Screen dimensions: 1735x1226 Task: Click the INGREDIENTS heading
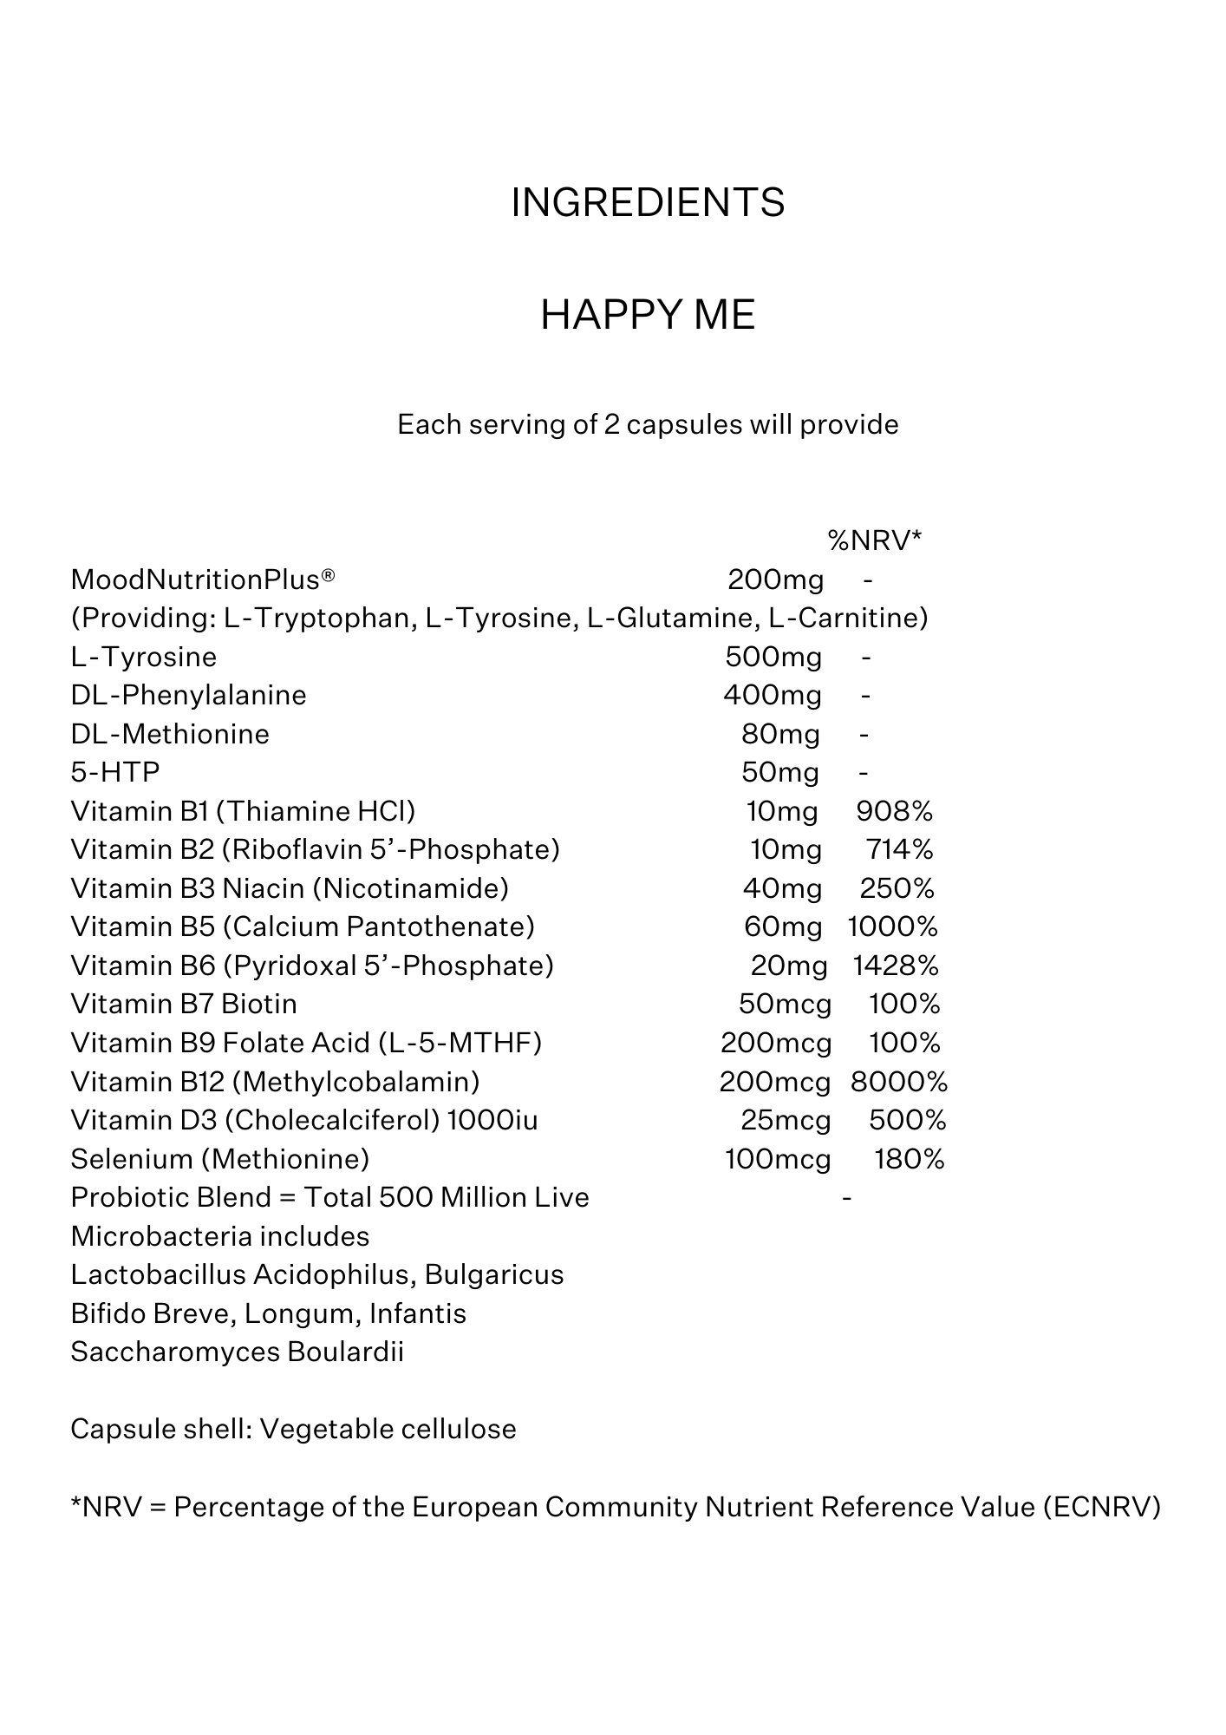[648, 203]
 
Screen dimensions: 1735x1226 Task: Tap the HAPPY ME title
[648, 315]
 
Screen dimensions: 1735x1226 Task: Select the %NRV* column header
[874, 541]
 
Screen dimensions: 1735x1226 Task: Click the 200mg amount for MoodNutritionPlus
[775, 579]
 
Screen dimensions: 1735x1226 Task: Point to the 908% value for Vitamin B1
[894, 811]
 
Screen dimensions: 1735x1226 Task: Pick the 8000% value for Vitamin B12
[898, 1082]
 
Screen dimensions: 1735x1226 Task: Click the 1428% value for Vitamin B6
[896, 966]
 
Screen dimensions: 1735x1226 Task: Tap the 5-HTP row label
[115, 772]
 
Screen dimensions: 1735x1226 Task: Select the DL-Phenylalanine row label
[188, 695]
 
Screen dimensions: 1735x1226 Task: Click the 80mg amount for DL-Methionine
[780, 734]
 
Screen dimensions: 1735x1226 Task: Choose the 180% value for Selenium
[909, 1159]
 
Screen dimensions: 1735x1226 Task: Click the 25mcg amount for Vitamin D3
[786, 1120]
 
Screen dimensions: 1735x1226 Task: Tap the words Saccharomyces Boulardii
[237, 1352]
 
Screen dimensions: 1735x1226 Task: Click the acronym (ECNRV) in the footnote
[1102, 1508]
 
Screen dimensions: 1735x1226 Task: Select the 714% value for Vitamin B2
[899, 849]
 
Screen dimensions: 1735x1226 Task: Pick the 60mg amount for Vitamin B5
[783, 926]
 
